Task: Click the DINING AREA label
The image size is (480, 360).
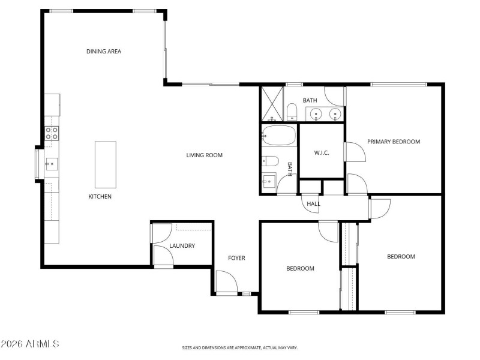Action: [104, 52]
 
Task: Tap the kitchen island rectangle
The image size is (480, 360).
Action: [106, 164]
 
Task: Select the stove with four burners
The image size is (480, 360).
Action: [52, 133]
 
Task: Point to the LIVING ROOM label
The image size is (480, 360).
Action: [204, 155]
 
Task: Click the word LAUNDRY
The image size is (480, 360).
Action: [182, 246]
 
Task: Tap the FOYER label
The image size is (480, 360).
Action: [236, 259]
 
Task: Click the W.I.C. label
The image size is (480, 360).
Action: [321, 152]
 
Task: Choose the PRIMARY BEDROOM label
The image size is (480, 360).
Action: [394, 142]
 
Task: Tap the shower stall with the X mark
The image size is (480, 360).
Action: [272, 104]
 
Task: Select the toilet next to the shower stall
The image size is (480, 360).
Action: [292, 112]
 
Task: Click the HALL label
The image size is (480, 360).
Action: [314, 204]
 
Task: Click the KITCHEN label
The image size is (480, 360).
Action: [100, 197]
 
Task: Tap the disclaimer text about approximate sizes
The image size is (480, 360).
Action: [239, 347]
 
